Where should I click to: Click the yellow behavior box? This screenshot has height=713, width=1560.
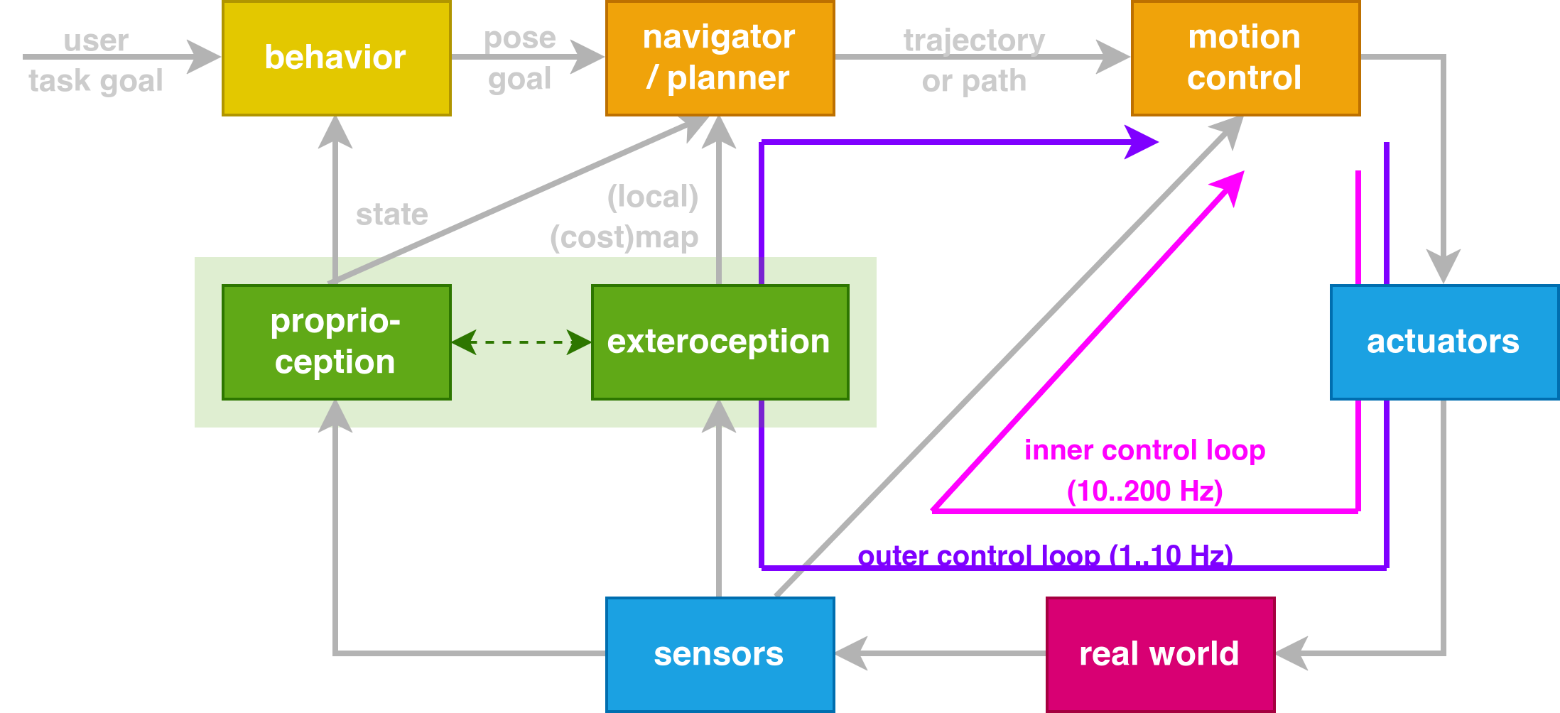(x=336, y=58)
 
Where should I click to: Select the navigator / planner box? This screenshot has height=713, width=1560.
(x=720, y=58)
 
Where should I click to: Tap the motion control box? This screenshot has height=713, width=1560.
(x=1245, y=58)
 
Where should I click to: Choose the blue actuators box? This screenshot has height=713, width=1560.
(x=1443, y=342)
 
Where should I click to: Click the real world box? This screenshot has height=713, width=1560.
(x=1160, y=654)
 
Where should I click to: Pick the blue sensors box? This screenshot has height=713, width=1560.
(x=720, y=654)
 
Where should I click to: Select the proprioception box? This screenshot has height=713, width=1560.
(x=336, y=342)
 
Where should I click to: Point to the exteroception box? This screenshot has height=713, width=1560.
(x=720, y=342)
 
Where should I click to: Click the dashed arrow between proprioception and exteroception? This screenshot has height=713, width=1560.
(x=521, y=342)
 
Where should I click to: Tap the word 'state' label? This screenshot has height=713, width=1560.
(x=391, y=214)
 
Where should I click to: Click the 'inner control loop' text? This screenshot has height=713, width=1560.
(x=1144, y=450)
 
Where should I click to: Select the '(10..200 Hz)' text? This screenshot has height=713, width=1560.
(x=1144, y=491)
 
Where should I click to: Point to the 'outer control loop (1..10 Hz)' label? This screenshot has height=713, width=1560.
(x=1045, y=555)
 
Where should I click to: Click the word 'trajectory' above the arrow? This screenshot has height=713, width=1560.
(x=974, y=40)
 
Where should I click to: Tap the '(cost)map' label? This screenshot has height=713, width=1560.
(x=624, y=238)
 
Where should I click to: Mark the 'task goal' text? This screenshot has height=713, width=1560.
(x=96, y=81)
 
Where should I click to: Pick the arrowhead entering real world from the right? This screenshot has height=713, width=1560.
(x=1291, y=653)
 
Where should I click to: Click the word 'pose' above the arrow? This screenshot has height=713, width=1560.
(x=520, y=38)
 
